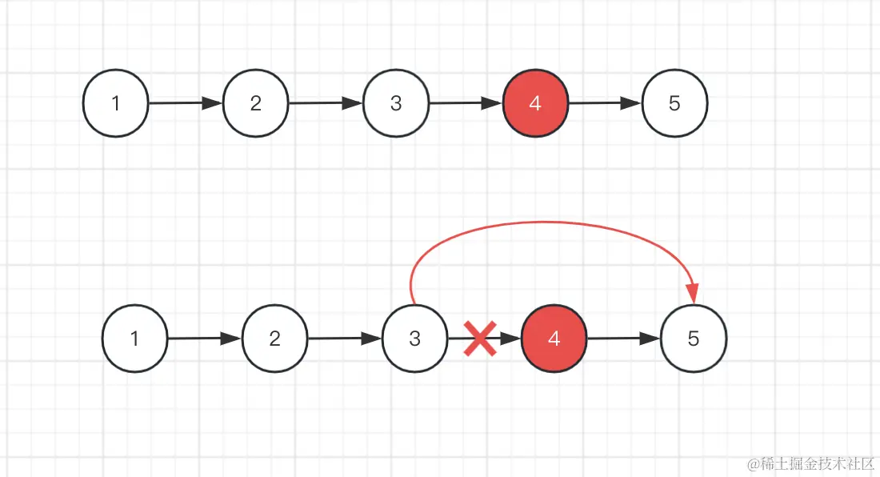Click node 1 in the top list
pos(116,103)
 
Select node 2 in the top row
pos(255,103)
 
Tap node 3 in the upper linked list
pos(395,103)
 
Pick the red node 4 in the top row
pos(535,103)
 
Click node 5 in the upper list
pos(674,103)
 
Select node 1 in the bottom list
pos(134,339)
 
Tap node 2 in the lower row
pos(274,339)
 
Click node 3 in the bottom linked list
pos(414,339)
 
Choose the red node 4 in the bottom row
pos(554,339)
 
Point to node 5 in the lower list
pos(694,339)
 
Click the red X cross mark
pos(480,339)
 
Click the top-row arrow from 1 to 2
pos(186,103)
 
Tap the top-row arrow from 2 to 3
pos(326,103)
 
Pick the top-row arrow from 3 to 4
pos(466,103)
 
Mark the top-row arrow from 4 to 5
pos(605,103)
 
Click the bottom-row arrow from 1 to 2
pos(205,339)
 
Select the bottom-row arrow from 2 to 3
pos(345,339)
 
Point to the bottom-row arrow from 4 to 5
pos(624,339)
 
